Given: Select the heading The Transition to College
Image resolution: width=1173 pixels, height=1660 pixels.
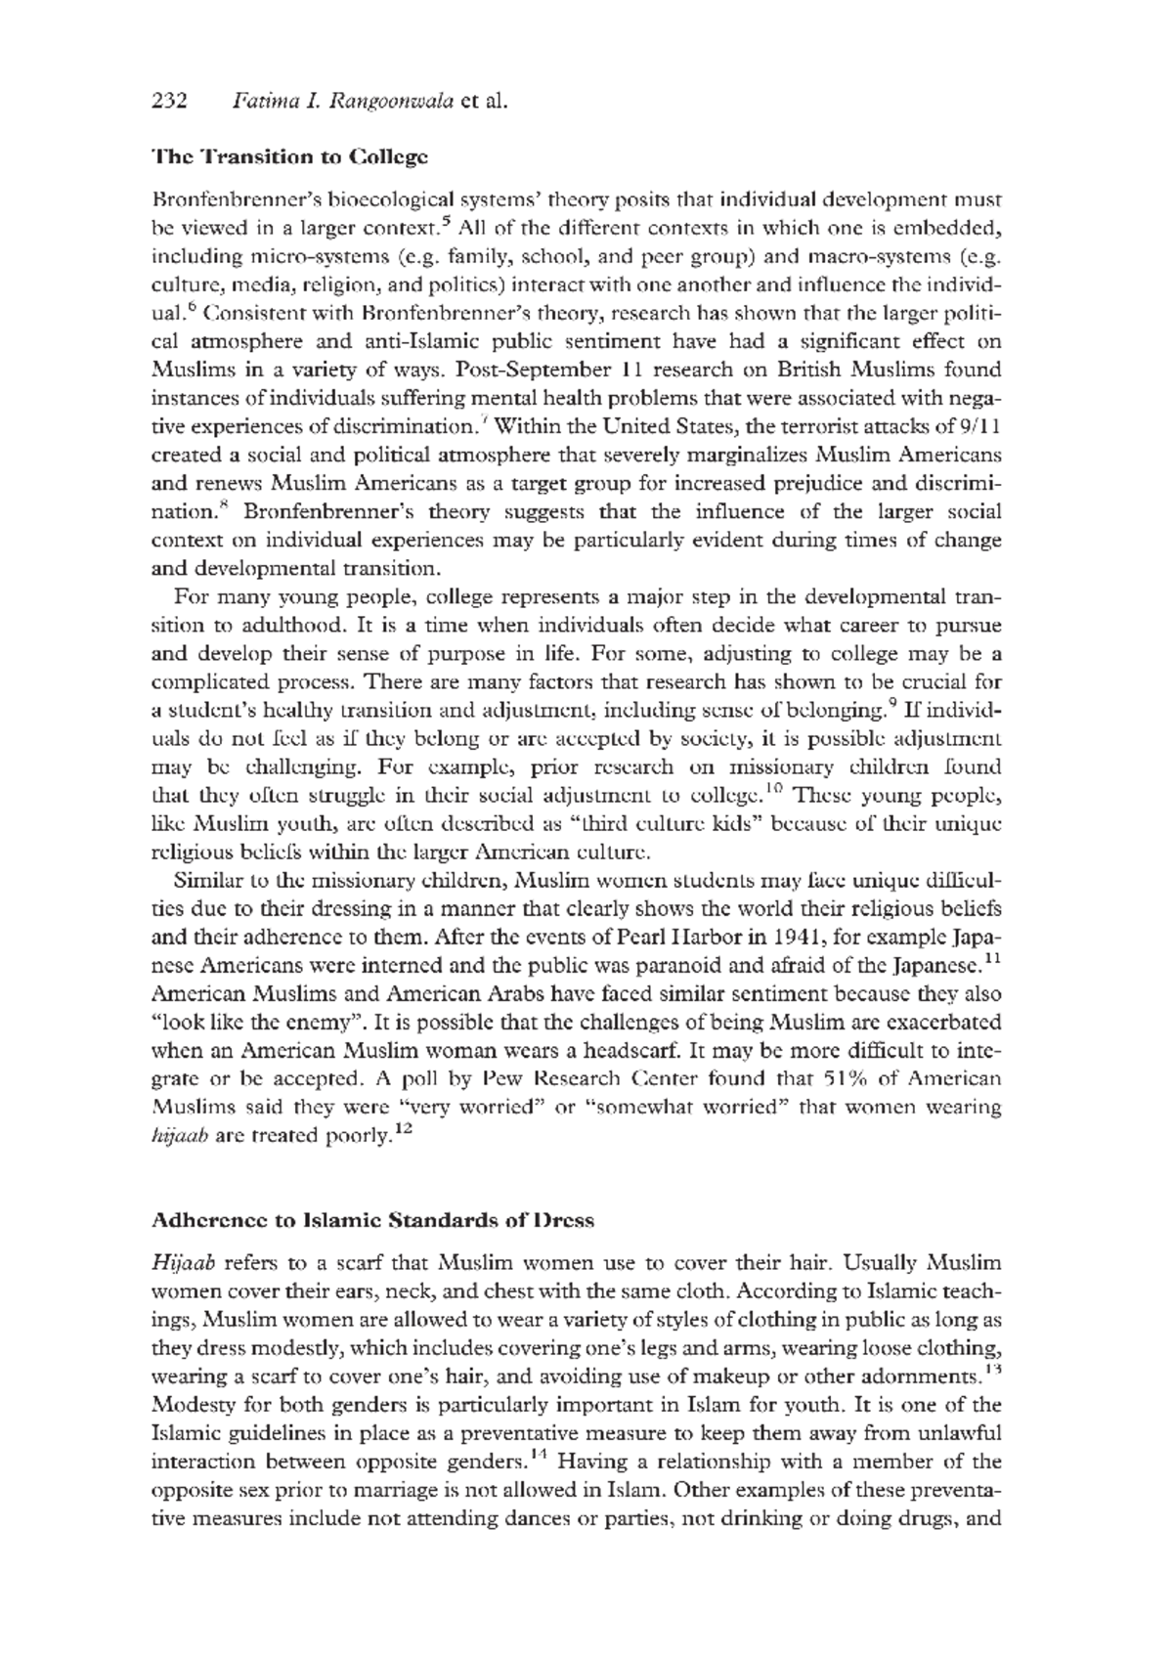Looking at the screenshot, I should tap(289, 156).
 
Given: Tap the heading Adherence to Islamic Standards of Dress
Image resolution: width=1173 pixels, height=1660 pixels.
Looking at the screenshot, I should tap(372, 1221).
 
